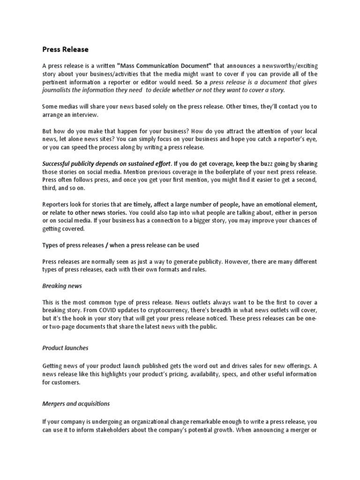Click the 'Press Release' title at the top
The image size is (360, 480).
tap(65, 49)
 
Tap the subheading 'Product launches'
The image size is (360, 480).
tap(65, 348)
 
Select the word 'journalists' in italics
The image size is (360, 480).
tap(59, 90)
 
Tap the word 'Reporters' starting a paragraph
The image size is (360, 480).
tap(57, 205)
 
